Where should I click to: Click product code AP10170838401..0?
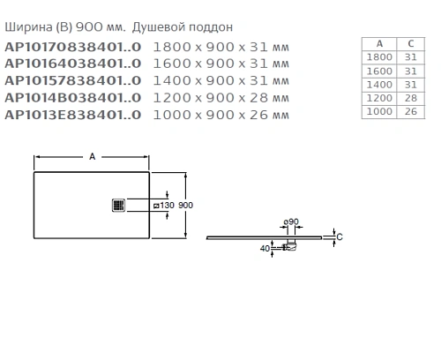pyautogui.click(x=73, y=47)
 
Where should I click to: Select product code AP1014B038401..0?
pyautogui.click(x=73, y=98)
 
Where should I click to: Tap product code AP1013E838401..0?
pyautogui.click(x=73, y=115)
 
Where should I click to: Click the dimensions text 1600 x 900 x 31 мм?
pyautogui.click(x=221, y=64)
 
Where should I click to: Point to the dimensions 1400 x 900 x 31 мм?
pyautogui.click(x=221, y=80)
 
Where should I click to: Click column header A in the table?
pyautogui.click(x=379, y=43)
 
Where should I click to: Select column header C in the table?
pyautogui.click(x=409, y=43)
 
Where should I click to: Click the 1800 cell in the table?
pyautogui.click(x=379, y=56)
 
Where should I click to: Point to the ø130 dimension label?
pyautogui.click(x=164, y=205)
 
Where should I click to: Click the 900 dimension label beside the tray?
pyautogui.click(x=185, y=205)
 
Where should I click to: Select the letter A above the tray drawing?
pyautogui.click(x=92, y=156)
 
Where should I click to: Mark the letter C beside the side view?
pyautogui.click(x=340, y=236)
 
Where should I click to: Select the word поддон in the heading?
pyautogui.click(x=213, y=27)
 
